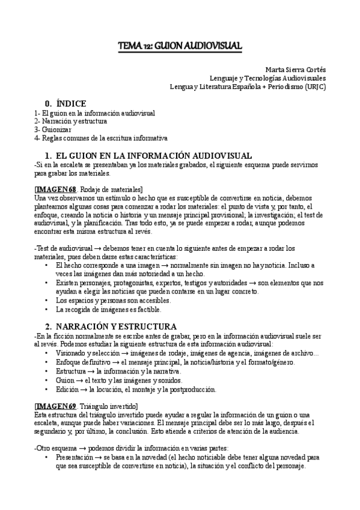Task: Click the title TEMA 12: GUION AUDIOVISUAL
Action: [x=180, y=46]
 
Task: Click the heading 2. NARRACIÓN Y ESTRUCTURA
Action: [x=110, y=327]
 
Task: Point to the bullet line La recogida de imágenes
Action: [x=108, y=310]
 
